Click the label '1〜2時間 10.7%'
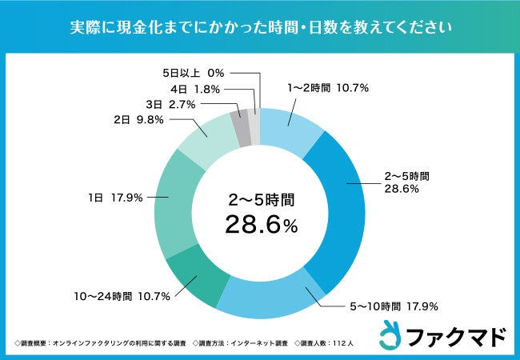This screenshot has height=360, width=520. (327, 88)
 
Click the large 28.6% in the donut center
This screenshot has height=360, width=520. (260, 226)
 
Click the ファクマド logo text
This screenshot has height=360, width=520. (456, 338)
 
